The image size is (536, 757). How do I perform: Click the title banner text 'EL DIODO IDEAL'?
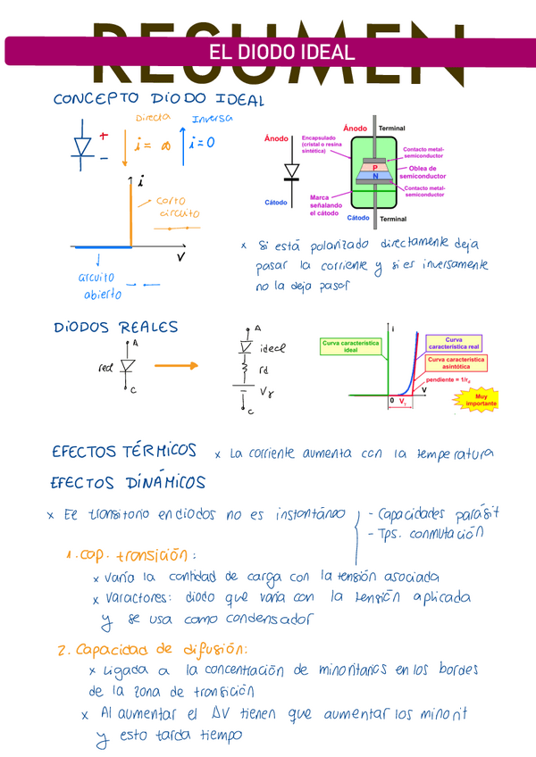pos(281,52)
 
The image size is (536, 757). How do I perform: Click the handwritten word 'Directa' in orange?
pos(153,118)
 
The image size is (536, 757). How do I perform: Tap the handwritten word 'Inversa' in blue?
pos(212,119)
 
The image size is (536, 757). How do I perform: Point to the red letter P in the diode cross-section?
pos(375,167)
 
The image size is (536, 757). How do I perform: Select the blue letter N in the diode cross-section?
pos(375,177)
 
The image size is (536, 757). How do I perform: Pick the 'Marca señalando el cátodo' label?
pos(326,205)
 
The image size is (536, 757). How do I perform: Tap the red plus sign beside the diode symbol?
pos(104,137)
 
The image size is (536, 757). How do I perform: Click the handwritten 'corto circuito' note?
pos(179,207)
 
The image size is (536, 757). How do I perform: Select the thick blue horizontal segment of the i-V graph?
pos(103,247)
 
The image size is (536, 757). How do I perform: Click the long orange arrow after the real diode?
pos(176,365)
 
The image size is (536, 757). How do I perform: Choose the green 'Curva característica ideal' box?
pos(350,346)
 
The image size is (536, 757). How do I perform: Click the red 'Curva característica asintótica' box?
pos(456,362)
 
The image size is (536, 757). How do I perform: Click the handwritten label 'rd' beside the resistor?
pos(264,370)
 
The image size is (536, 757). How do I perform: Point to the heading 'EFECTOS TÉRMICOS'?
pos(123,452)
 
